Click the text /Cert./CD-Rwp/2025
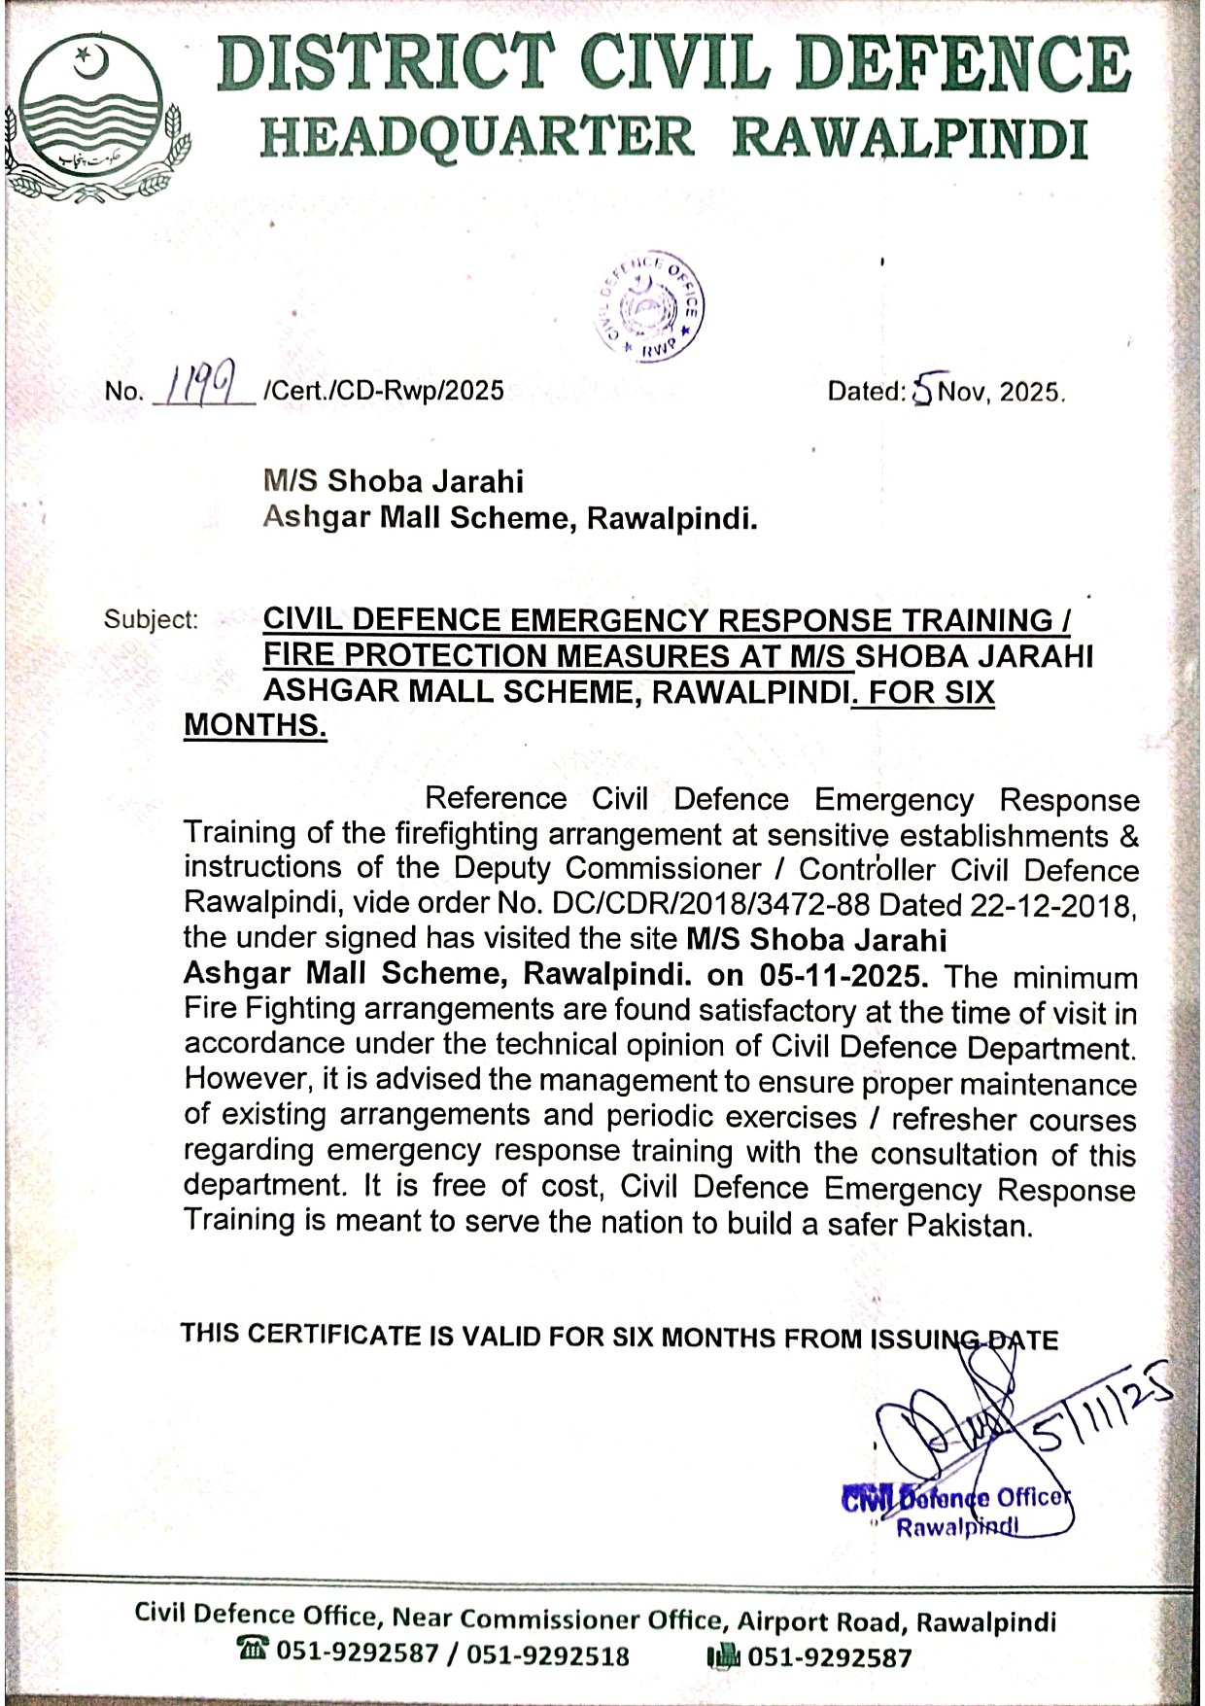click(x=382, y=391)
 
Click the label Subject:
click(x=151, y=619)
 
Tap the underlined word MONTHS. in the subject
click(x=256, y=725)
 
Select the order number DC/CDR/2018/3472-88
click(x=709, y=904)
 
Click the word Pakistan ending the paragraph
click(x=966, y=1225)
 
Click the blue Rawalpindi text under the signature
click(x=956, y=1528)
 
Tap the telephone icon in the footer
click(x=253, y=1649)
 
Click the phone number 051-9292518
click(x=548, y=1654)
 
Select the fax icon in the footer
click(x=723, y=1655)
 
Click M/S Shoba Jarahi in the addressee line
click(x=393, y=481)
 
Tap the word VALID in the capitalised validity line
click(x=501, y=1337)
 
